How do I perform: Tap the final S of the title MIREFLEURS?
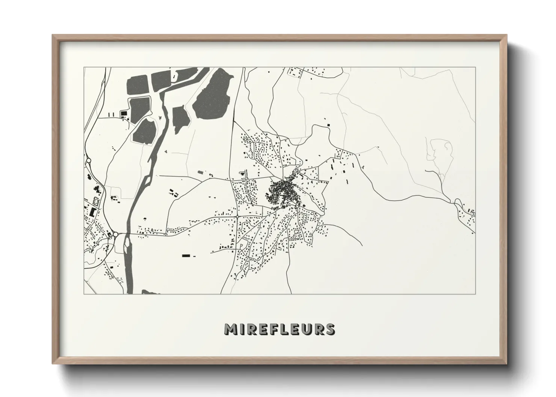330,329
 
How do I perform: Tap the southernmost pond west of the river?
144,131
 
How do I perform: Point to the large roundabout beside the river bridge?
116,234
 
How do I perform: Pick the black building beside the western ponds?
122,113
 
